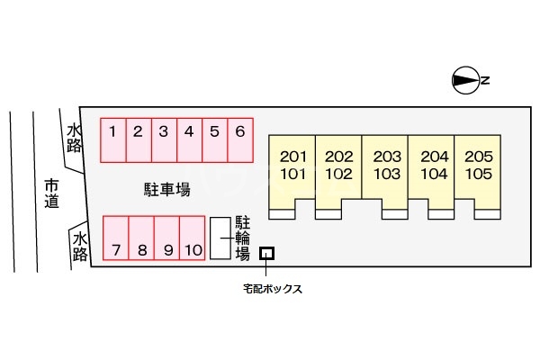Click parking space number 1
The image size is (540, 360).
click(112, 139)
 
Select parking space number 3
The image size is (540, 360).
click(163, 139)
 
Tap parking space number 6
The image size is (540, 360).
click(240, 139)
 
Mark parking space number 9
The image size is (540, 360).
click(167, 238)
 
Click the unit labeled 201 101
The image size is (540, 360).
click(293, 166)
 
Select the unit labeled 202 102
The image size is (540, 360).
click(338, 166)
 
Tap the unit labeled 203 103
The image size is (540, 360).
click(386, 166)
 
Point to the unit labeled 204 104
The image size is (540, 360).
click(433, 166)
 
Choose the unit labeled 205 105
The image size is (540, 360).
click(479, 166)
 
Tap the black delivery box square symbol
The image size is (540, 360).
click(266, 254)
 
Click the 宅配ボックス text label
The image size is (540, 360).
click(272, 289)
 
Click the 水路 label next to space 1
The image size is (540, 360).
click(75, 139)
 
